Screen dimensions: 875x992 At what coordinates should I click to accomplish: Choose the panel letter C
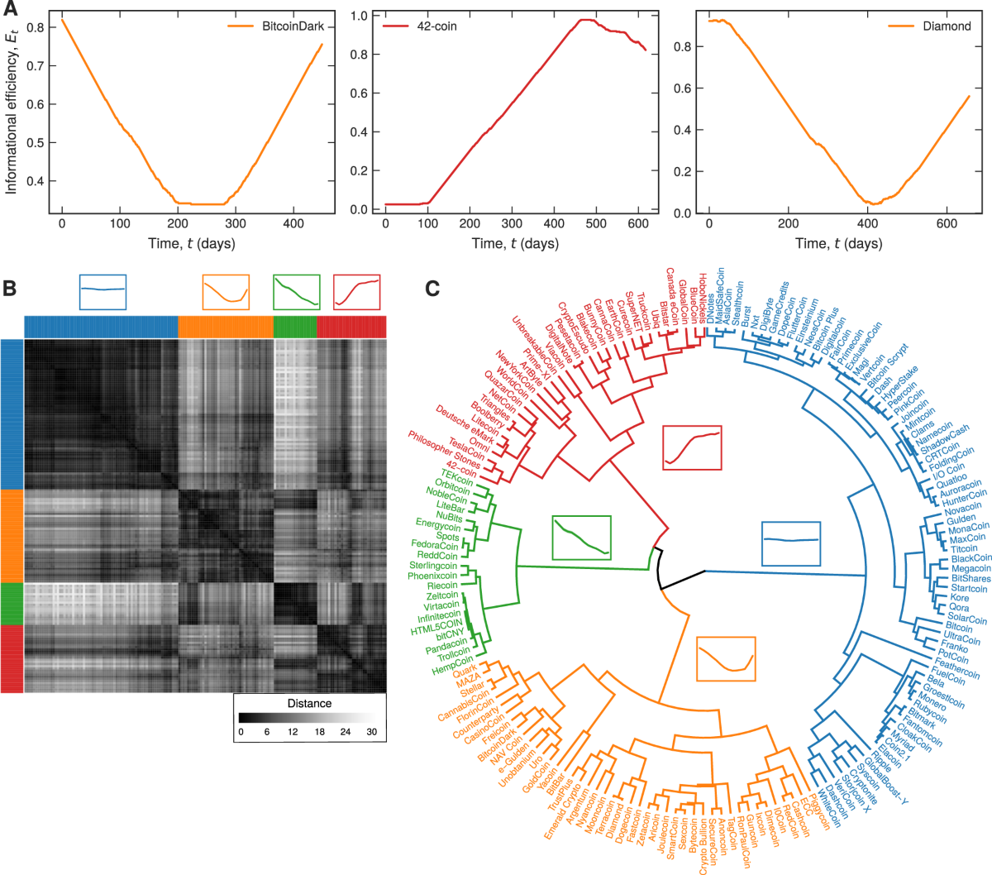pyautogui.click(x=432, y=289)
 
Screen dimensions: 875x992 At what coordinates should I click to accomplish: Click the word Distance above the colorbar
pyautogui.click(x=309, y=704)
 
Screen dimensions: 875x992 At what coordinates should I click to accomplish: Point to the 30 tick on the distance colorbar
pyautogui.click(x=371, y=732)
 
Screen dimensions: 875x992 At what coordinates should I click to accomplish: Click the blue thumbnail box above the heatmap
pyautogui.click(x=103, y=292)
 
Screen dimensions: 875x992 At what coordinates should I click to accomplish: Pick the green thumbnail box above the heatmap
pyautogui.click(x=296, y=292)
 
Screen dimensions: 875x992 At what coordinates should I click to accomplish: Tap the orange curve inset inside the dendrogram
pyautogui.click(x=726, y=658)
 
